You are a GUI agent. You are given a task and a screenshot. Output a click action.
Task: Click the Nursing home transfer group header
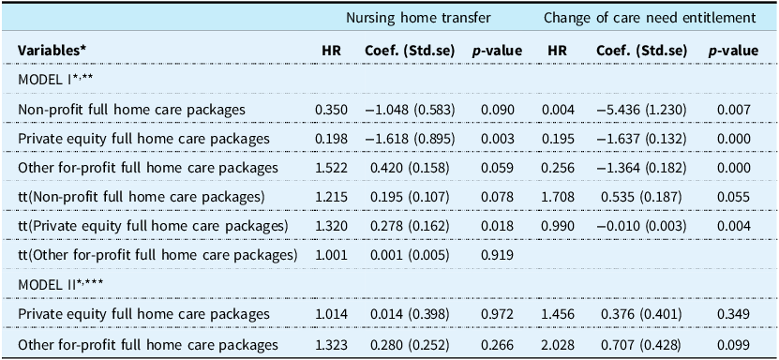pos(418,18)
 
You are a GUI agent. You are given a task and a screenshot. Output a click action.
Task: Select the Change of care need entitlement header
pos(650,18)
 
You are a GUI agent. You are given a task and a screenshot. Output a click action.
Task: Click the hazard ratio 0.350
pos(328,110)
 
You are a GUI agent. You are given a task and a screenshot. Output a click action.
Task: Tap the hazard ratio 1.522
pos(328,168)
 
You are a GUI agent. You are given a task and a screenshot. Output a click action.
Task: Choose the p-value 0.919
pos(498,255)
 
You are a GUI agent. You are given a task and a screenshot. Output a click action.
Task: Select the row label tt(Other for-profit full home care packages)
pos(157,255)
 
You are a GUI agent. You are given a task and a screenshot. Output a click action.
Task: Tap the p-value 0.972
pos(498,314)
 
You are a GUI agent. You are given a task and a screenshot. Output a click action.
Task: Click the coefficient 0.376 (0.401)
pos(640,314)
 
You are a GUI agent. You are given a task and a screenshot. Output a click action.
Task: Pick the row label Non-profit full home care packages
pos(131,110)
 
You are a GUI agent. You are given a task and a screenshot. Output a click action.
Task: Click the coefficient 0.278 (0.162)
pos(410,226)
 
